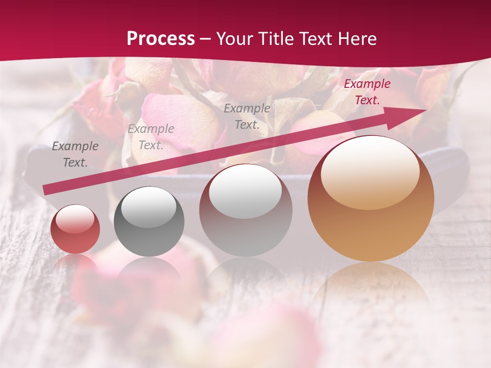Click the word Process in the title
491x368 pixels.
(x=161, y=39)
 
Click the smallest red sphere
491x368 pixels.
(x=75, y=229)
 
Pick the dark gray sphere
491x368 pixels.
(x=149, y=222)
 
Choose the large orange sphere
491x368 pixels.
(x=371, y=199)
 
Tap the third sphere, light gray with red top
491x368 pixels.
(x=245, y=210)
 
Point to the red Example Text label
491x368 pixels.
(x=367, y=92)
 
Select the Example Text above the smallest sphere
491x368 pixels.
(x=75, y=154)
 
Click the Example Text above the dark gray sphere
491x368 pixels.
(x=150, y=137)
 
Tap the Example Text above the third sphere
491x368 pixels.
(x=247, y=116)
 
